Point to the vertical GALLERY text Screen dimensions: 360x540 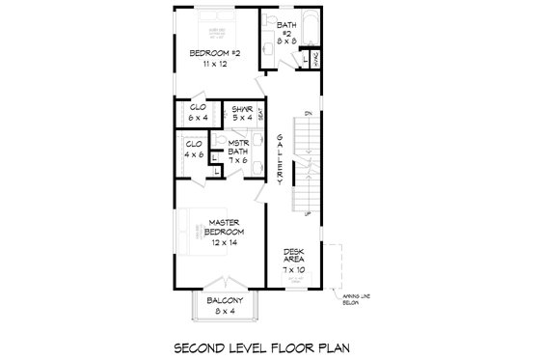click(x=280, y=159)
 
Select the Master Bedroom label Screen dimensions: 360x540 click(x=225, y=229)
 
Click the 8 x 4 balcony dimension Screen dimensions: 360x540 click(x=223, y=312)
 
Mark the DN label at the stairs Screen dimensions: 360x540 click(x=308, y=115)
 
